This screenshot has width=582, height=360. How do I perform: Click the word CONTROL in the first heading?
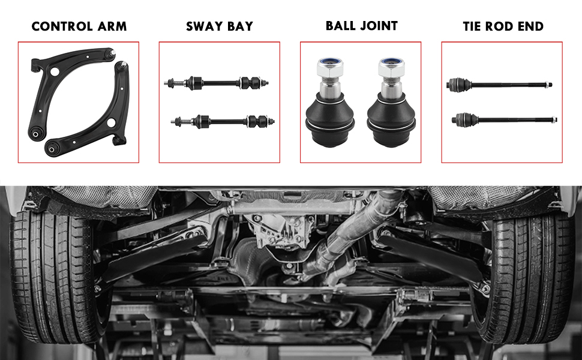tap(62, 26)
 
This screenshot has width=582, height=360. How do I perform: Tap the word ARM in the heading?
tap(112, 26)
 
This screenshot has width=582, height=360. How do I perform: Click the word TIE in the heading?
tap(472, 26)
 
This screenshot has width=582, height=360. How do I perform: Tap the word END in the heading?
tap(530, 26)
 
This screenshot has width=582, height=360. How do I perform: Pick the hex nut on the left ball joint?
tap(330, 66)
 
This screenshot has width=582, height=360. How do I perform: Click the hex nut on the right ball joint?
tap(391, 66)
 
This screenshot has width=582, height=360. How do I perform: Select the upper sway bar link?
tap(216, 83)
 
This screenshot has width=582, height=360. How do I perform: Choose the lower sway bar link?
tap(223, 121)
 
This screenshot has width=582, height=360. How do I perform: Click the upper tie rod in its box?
tap(499, 85)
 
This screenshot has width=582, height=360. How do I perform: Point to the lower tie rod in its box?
tap(504, 119)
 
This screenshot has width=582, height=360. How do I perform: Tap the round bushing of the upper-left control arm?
tap(36, 134)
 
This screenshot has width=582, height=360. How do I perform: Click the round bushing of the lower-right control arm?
tap(52, 149)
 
